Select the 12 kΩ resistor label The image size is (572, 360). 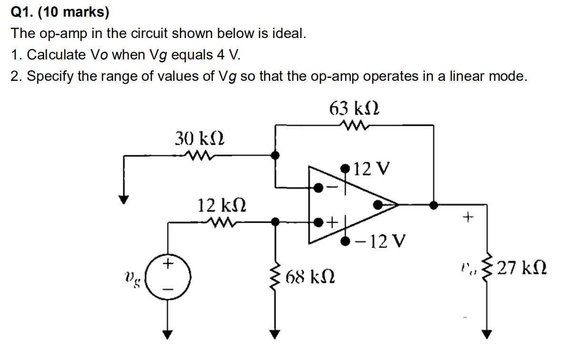click(x=222, y=205)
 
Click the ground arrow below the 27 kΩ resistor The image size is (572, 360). click(x=486, y=333)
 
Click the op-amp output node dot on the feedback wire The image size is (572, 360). click(x=433, y=204)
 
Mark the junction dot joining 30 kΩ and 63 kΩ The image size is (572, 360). click(x=275, y=155)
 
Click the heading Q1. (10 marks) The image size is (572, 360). click(x=59, y=12)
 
